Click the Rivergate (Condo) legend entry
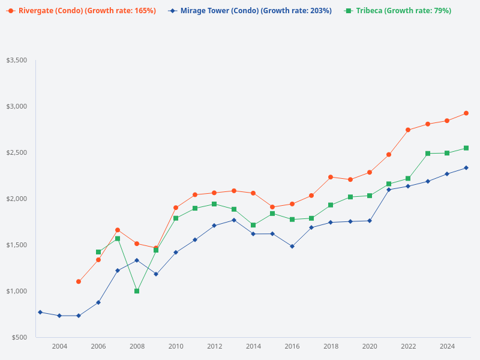(81, 11)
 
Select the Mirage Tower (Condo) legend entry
(250, 11)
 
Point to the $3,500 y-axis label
(16, 61)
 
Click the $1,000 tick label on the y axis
(16, 291)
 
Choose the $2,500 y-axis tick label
(16, 152)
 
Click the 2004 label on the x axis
(59, 346)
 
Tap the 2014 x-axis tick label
(253, 346)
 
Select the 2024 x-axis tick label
(447, 346)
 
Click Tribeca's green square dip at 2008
(137, 291)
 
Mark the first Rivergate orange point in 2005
(79, 281)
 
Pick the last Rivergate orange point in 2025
(466, 113)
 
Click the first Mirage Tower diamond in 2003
(40, 312)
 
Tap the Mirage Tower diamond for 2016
(292, 246)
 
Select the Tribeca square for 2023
(428, 154)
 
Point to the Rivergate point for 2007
(118, 230)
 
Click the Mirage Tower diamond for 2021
(389, 190)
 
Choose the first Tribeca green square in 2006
(98, 252)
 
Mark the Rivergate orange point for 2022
(408, 130)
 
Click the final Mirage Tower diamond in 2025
(466, 167)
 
